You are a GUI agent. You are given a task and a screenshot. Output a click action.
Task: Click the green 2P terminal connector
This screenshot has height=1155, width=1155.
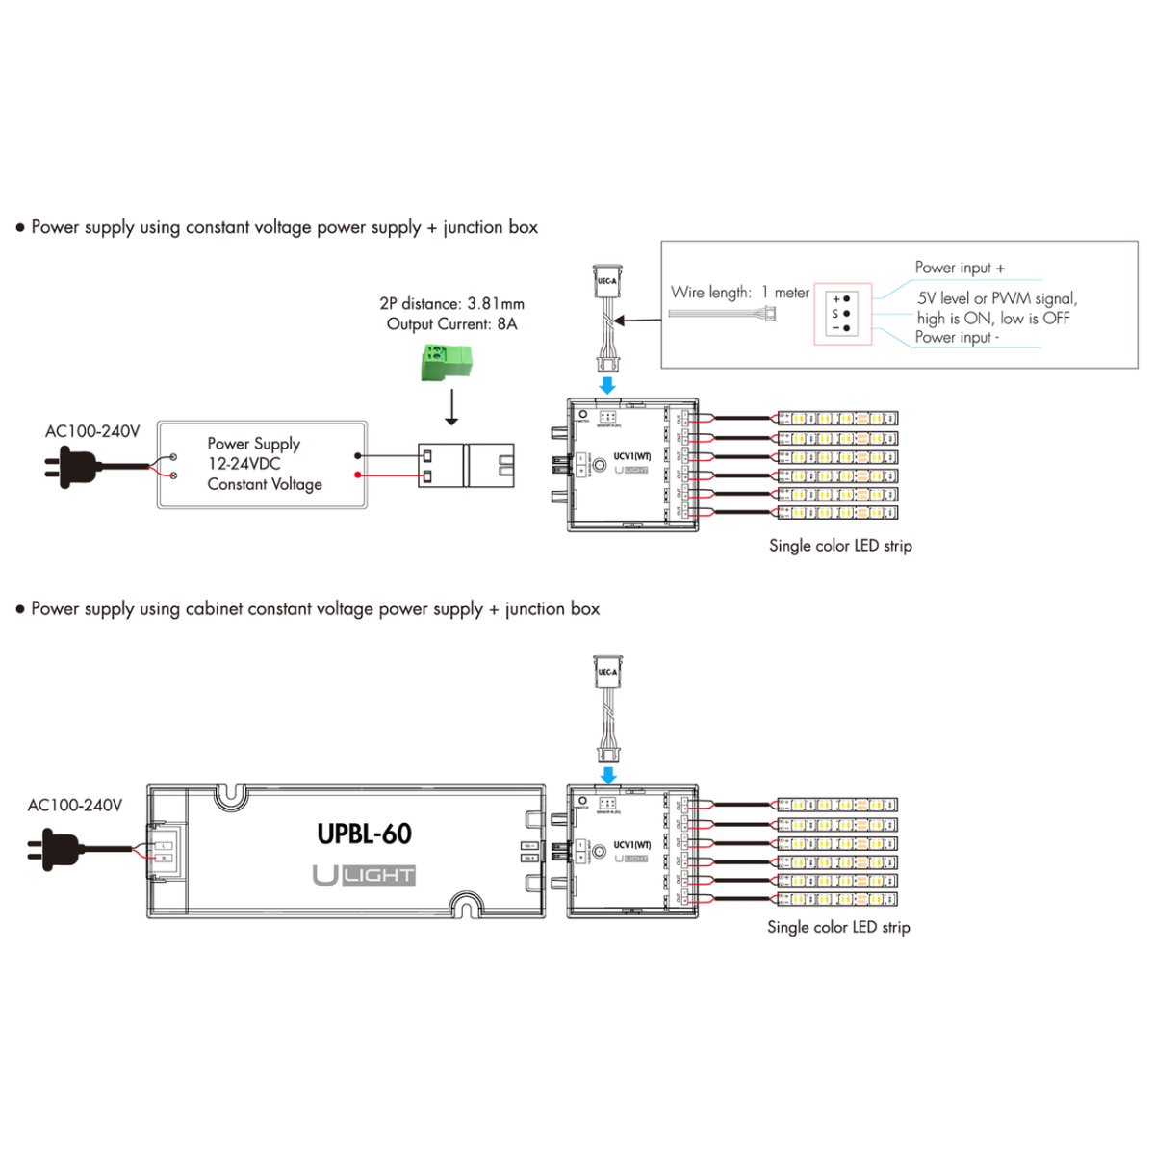click(446, 363)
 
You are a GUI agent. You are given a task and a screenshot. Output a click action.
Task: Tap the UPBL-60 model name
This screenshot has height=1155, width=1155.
click(365, 834)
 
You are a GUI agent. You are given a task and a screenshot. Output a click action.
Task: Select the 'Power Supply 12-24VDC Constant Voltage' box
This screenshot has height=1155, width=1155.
click(262, 464)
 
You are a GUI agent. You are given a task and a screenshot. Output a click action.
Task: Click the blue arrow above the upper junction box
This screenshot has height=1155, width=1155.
click(607, 386)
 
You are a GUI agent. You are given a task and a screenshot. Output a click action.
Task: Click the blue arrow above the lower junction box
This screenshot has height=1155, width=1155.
click(607, 775)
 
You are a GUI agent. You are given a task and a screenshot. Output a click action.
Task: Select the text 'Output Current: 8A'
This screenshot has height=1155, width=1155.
click(451, 324)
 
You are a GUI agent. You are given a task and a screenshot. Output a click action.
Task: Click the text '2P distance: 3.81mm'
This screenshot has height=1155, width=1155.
click(451, 304)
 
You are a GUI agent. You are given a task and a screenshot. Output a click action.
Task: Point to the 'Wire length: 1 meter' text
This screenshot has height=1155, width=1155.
click(739, 293)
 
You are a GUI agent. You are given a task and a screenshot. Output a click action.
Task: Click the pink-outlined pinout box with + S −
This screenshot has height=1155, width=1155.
click(842, 314)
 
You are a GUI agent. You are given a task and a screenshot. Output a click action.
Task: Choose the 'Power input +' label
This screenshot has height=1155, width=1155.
click(960, 268)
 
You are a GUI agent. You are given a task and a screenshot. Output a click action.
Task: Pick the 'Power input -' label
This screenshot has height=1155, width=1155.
click(957, 337)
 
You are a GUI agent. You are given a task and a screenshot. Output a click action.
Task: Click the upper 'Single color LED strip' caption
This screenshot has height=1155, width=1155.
click(840, 546)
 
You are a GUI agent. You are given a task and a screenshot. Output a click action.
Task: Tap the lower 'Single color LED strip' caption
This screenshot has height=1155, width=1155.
click(838, 927)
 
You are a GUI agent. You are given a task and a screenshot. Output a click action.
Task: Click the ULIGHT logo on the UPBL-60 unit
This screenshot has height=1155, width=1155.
click(364, 875)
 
